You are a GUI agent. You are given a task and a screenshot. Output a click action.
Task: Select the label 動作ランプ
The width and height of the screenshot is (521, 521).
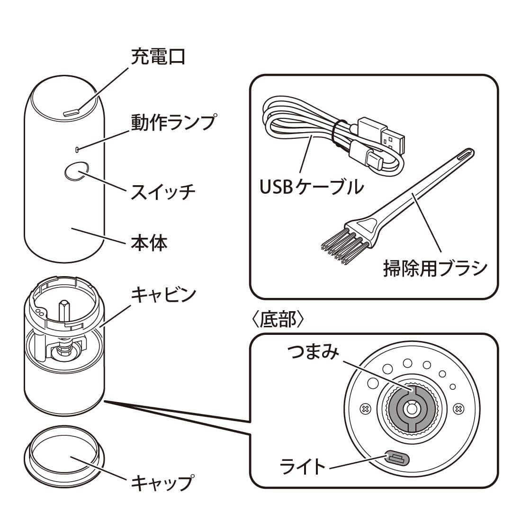pyautogui.click(x=173, y=122)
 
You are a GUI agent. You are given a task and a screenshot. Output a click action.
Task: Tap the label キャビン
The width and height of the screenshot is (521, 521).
pyautogui.click(x=163, y=294)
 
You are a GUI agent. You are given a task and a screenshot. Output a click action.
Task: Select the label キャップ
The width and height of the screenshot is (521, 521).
pyautogui.click(x=162, y=482)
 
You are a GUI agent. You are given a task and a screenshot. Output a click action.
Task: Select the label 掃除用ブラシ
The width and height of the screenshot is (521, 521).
pyautogui.click(x=435, y=269)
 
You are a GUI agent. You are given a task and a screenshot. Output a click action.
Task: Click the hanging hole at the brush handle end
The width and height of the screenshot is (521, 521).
pyautogui.click(x=464, y=155)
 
